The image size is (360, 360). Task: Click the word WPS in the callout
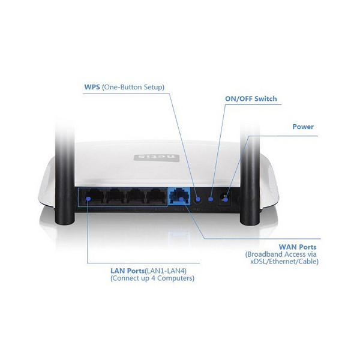pos(92,87)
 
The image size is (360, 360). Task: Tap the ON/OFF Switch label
pos(251,99)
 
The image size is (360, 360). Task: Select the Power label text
pos(303,127)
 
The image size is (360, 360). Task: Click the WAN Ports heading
pos(298,247)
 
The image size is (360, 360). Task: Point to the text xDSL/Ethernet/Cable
pos(284,262)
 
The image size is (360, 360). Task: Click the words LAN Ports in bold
pos(127,271)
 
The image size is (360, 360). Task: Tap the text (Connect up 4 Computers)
pos(152,278)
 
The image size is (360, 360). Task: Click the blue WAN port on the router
pos(179,196)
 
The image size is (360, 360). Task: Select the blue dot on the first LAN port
pos(88,199)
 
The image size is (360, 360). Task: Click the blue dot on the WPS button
pos(198,199)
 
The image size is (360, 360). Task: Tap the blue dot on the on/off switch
pos(211,199)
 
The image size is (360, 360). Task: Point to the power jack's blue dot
pos(226,200)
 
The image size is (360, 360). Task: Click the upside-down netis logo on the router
pos(157,157)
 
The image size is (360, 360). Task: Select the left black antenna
pos(65,175)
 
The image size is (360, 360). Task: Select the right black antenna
pos(250,175)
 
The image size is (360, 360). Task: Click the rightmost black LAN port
pos(157,197)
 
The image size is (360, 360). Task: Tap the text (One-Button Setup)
pos(133,87)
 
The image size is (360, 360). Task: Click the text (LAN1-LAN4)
pos(166,271)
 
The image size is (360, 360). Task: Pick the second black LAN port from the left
pos(115,197)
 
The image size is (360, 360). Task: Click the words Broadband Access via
pos(281,254)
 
